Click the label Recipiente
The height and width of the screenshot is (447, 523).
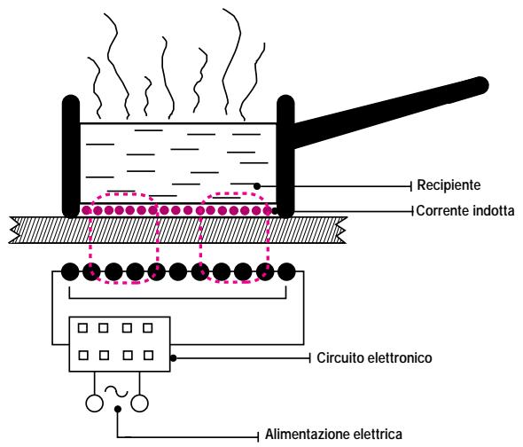pos(449,185)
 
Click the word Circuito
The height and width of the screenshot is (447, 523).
pos(339,358)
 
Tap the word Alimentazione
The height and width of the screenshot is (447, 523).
pos(307,435)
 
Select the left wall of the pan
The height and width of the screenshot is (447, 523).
pos(71,156)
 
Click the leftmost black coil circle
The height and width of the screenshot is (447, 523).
pos(70,271)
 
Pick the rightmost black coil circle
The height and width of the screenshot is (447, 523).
pos(286,271)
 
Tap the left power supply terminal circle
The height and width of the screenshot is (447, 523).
pos(94,404)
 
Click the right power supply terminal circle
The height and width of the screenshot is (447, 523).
pos(139,404)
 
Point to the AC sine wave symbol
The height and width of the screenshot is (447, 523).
pos(116,392)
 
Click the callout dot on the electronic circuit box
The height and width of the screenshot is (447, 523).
pos(173,358)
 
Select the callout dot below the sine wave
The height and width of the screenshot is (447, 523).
pos(117,409)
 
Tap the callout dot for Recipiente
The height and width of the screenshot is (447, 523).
pos(257,186)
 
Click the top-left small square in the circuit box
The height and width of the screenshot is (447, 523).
pos(82,328)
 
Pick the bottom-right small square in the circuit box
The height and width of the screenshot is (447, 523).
pos(148,355)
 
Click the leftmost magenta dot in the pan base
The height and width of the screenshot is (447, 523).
pos(86,210)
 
